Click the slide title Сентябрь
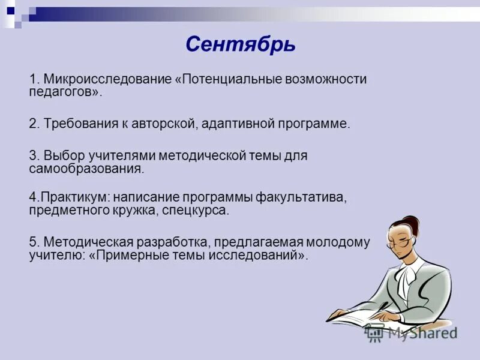point(240,44)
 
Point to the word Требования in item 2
point(76,124)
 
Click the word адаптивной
point(238,124)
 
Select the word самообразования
point(86,169)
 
